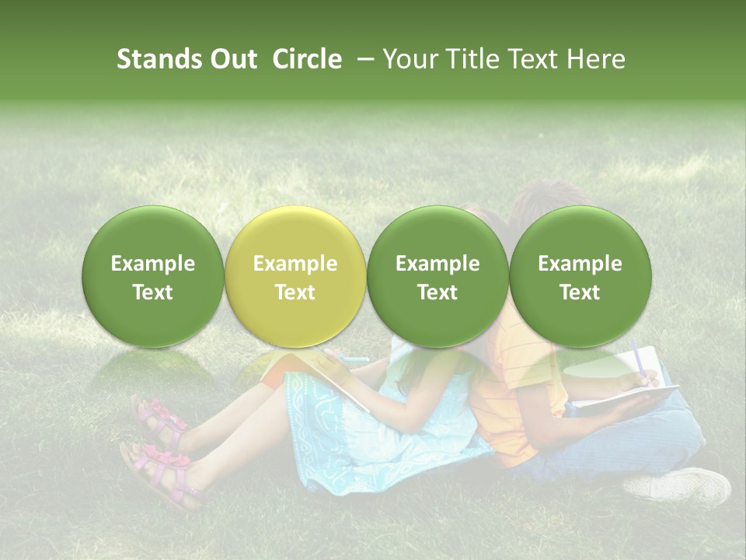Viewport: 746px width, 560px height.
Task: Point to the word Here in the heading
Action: pyautogui.click(x=598, y=59)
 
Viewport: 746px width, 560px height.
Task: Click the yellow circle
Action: pyautogui.click(x=295, y=277)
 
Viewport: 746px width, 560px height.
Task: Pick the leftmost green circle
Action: pyautogui.click(x=153, y=277)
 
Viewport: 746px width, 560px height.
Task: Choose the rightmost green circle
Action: pyautogui.click(x=580, y=277)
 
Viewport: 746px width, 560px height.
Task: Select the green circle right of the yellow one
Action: pyautogui.click(x=437, y=277)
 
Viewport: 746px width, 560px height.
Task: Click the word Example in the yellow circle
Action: pyautogui.click(x=295, y=264)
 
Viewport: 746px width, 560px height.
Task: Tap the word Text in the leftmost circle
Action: pyautogui.click(x=153, y=292)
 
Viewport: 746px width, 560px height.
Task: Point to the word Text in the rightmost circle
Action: pyautogui.click(x=580, y=292)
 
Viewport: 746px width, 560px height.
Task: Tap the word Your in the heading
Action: pyautogui.click(x=409, y=59)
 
